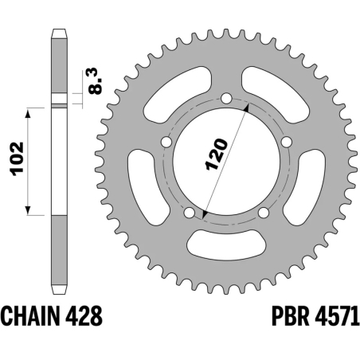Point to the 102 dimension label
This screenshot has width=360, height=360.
(18, 162)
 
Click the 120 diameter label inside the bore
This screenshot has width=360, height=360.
(217, 154)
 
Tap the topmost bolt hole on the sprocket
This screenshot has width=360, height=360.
(225, 98)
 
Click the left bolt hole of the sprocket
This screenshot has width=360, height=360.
(167, 142)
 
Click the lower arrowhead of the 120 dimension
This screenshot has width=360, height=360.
(205, 214)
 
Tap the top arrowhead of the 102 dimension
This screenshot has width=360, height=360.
(29, 113)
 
